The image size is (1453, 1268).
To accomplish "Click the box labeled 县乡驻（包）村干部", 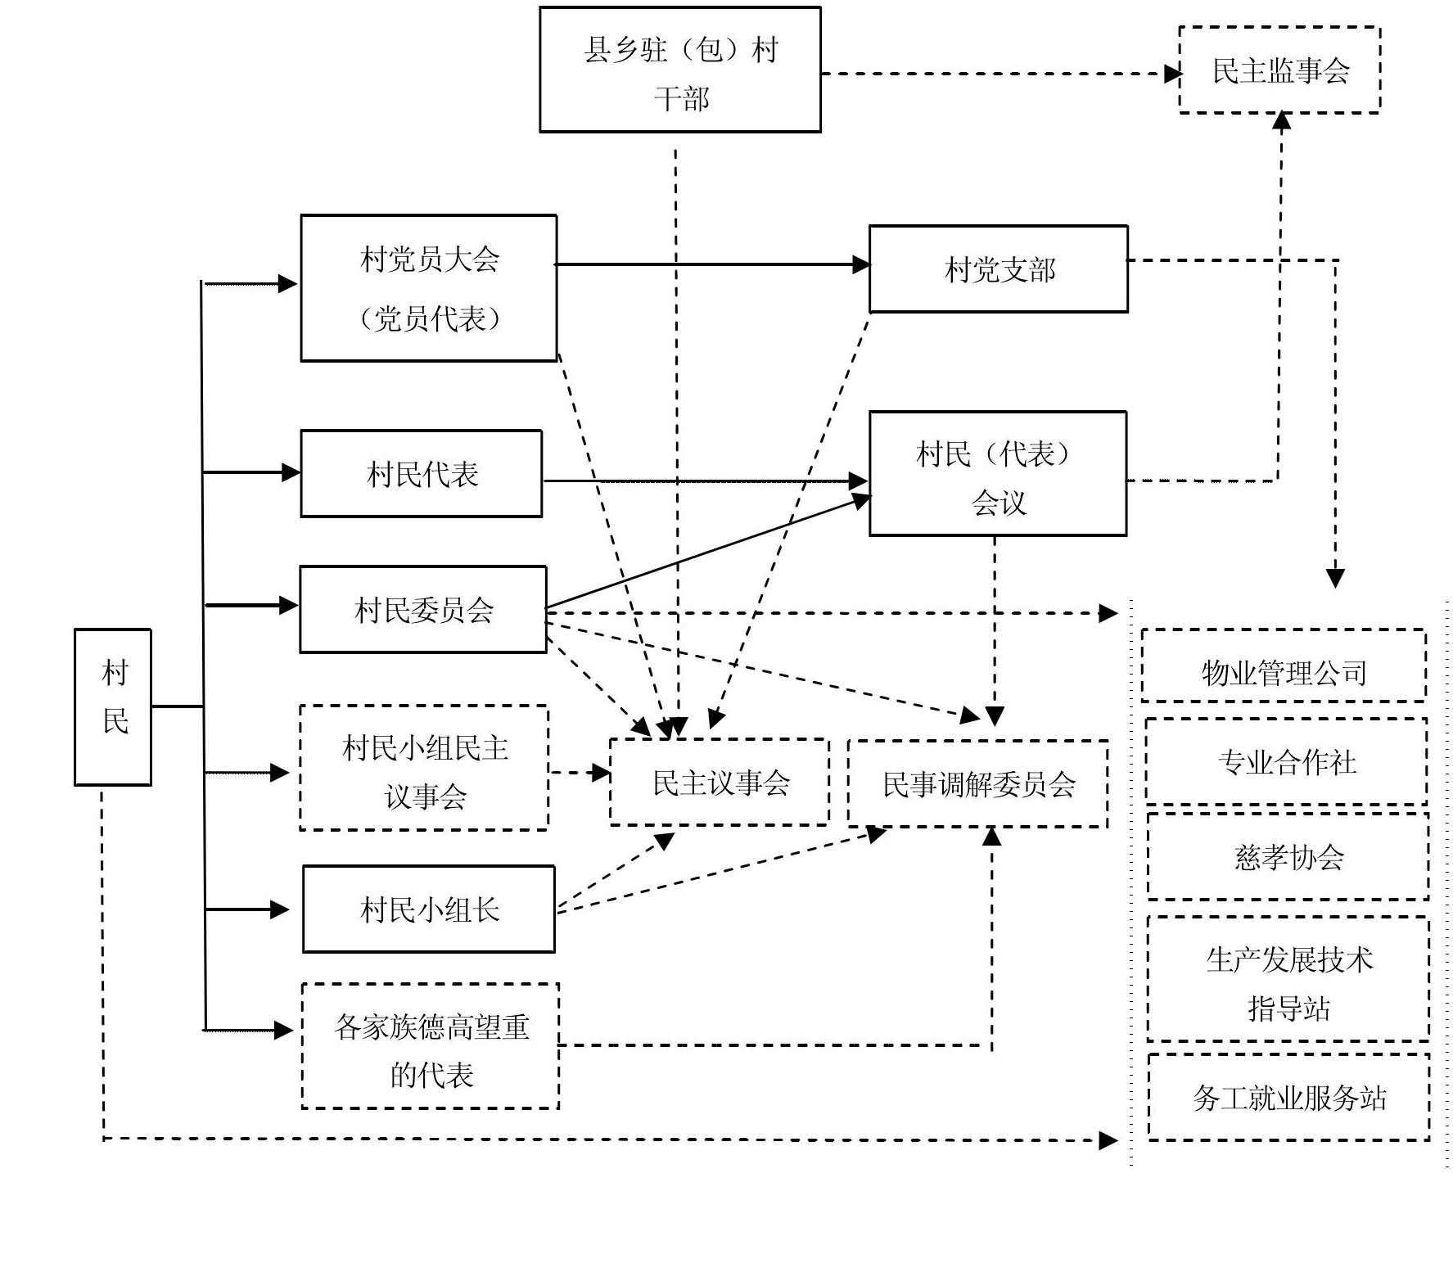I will pyautogui.click(x=679, y=70).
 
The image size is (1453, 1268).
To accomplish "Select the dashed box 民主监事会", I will pyautogui.click(x=1279, y=70).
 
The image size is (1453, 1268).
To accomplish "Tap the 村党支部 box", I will pyautogui.click(x=998, y=269).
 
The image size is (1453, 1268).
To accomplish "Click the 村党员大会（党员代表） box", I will pyautogui.click(x=429, y=288).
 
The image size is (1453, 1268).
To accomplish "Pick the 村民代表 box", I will pyautogui.click(x=422, y=474).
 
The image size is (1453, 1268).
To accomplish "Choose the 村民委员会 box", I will pyautogui.click(x=423, y=610).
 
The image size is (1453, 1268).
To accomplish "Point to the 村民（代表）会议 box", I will pyautogui.click(x=998, y=474).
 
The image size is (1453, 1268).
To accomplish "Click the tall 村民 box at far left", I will pyautogui.click(x=113, y=707).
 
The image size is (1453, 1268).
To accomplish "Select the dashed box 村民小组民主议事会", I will pyautogui.click(x=424, y=769).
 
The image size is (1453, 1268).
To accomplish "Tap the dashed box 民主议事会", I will pyautogui.click(x=720, y=783).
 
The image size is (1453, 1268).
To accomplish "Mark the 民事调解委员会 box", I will pyautogui.click(x=978, y=784).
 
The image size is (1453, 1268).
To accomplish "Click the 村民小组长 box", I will pyautogui.click(x=429, y=909).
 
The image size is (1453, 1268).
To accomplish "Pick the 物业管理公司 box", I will pyautogui.click(x=1284, y=666).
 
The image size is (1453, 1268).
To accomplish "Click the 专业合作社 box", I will pyautogui.click(x=1286, y=762).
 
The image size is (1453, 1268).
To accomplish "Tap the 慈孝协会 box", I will pyautogui.click(x=1288, y=857).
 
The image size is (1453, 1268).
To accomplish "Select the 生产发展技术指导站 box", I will pyautogui.click(x=1288, y=980).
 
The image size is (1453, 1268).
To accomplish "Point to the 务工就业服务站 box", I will pyautogui.click(x=1288, y=1098).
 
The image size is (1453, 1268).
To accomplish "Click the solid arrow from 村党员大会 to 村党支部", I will pyautogui.click(x=712, y=264).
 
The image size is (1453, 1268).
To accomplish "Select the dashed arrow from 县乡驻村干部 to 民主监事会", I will pyautogui.click(x=999, y=74).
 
